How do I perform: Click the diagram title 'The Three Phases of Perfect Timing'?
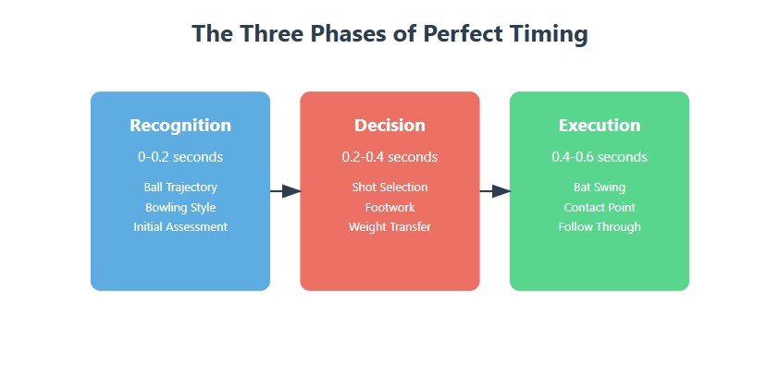[390, 34]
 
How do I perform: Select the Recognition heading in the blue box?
[180, 125]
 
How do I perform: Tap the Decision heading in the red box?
[390, 125]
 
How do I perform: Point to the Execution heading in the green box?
[600, 125]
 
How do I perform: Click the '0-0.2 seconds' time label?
[180, 157]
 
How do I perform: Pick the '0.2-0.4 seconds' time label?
[390, 157]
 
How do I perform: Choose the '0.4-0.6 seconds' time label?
[600, 157]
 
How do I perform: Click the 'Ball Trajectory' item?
[180, 188]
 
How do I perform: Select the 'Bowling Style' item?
[180, 207]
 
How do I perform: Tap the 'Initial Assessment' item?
[180, 226]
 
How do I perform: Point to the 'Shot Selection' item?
[390, 187]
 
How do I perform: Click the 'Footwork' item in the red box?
[390, 207]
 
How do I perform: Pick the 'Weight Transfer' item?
[390, 227]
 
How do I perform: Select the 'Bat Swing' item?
[600, 188]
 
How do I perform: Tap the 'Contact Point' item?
[600, 207]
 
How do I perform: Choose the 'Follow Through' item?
[600, 227]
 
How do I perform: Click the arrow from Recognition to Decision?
[286, 191]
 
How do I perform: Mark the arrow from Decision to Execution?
[495, 191]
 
